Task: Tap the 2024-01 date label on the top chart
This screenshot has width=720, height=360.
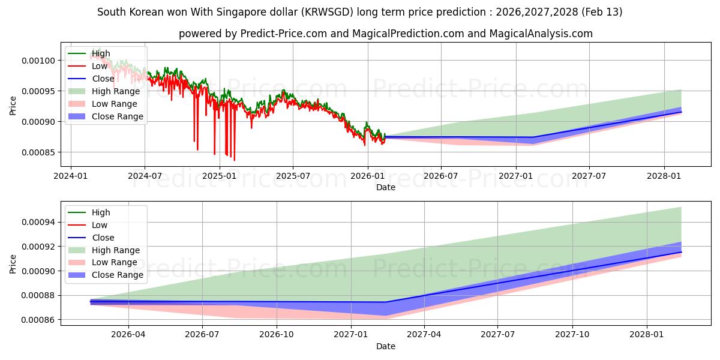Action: tap(71, 176)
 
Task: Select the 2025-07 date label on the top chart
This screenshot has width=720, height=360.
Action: tap(293, 176)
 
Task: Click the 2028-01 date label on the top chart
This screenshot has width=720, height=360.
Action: tap(664, 176)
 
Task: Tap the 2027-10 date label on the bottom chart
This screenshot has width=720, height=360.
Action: tap(572, 335)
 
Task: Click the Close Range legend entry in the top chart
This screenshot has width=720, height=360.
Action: tap(117, 116)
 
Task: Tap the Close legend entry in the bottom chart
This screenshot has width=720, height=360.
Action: tap(103, 238)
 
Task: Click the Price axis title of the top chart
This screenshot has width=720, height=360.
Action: tap(13, 106)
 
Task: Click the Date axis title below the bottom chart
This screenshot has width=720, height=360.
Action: tap(385, 346)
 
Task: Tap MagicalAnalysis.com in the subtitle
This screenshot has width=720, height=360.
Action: tap(539, 34)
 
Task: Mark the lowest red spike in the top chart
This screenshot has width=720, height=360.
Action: tap(234, 160)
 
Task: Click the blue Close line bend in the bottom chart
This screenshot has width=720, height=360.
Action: tap(385, 302)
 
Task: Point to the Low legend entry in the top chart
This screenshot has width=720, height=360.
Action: tap(100, 66)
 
